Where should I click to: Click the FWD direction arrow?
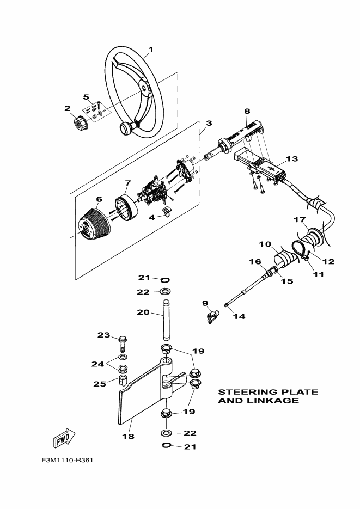pos(64,438)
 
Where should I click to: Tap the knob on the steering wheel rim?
pos(126,128)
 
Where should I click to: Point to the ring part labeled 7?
pos(126,207)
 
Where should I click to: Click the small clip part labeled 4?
pos(167,212)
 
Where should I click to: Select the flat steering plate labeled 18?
pos(146,393)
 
